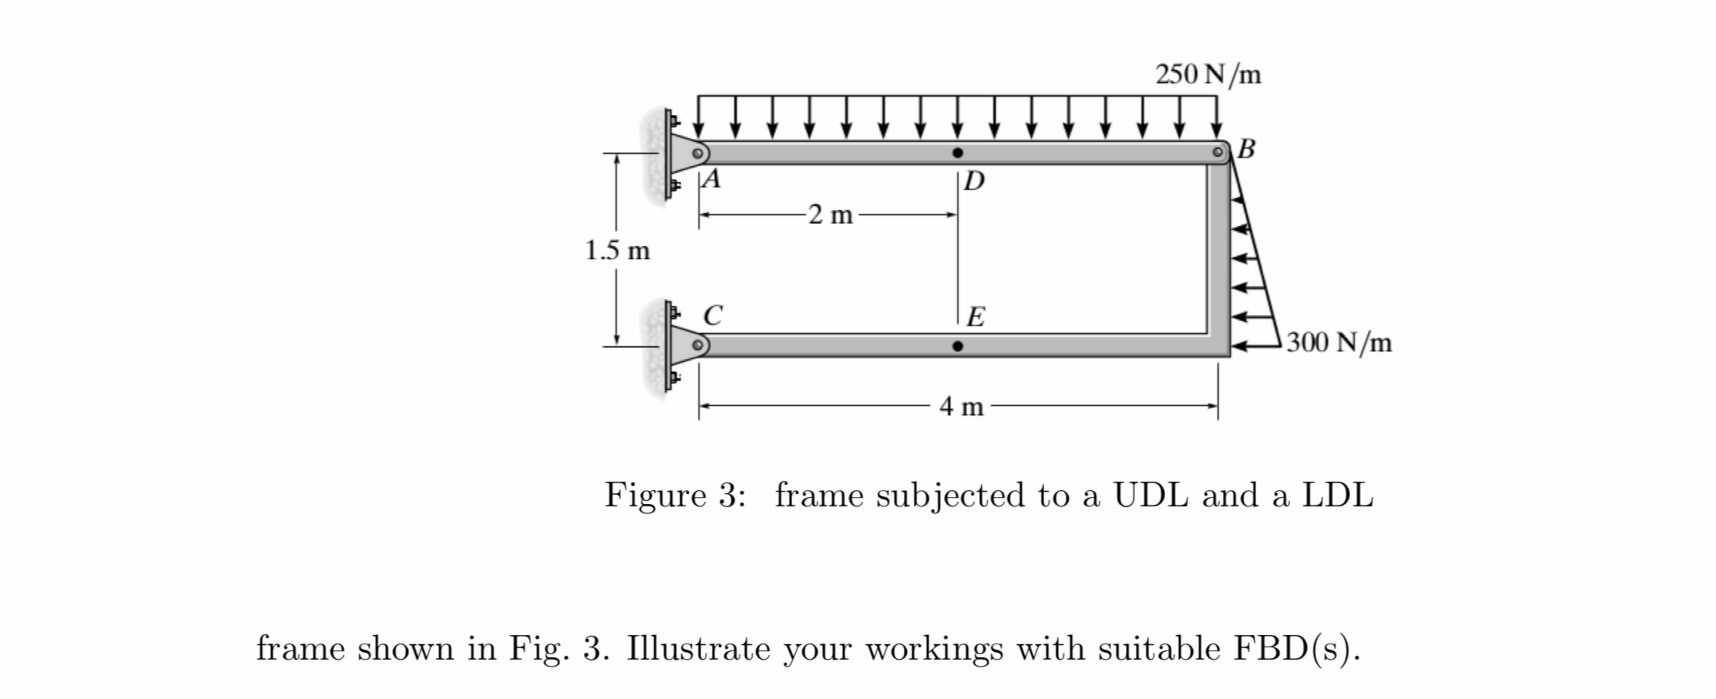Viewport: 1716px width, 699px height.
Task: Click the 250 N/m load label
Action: click(x=1208, y=75)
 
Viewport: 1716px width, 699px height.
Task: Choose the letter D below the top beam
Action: click(x=974, y=180)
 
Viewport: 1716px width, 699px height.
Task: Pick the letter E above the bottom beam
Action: click(x=975, y=317)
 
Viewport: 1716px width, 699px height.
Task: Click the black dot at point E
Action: click(x=957, y=346)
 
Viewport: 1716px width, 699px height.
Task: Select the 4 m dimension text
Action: click(x=961, y=406)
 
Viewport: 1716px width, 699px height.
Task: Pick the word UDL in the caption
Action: click(x=1150, y=495)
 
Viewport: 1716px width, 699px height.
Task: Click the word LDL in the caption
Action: click(x=1338, y=495)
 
